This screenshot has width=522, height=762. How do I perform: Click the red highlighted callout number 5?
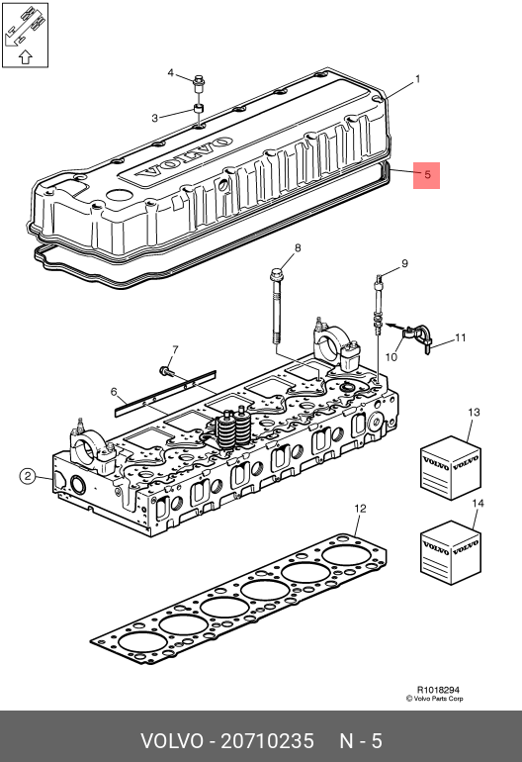tap(427, 175)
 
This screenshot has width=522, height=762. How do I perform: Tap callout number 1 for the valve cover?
tap(417, 79)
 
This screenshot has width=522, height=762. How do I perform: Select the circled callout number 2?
tap(28, 476)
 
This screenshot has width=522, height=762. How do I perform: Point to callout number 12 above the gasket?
tap(360, 509)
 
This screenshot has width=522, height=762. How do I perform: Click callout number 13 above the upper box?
tap(474, 412)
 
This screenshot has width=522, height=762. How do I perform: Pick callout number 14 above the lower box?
tap(478, 503)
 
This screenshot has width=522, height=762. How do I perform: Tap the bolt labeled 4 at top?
tap(198, 83)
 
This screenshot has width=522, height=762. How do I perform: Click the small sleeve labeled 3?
tap(198, 109)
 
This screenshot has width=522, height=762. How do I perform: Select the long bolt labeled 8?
tap(276, 306)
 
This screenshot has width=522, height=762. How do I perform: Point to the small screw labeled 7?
tap(166, 372)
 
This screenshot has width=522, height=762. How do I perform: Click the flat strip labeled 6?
tap(165, 394)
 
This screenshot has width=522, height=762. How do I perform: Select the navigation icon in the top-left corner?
tap(26, 35)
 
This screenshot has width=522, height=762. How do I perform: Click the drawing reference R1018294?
tap(438, 690)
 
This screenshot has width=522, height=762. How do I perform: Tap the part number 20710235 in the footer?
tap(268, 741)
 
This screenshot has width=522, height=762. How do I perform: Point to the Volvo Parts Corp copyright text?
tap(435, 699)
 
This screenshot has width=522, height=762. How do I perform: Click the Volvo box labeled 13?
tap(450, 467)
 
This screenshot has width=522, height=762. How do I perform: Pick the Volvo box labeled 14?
tap(450, 552)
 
